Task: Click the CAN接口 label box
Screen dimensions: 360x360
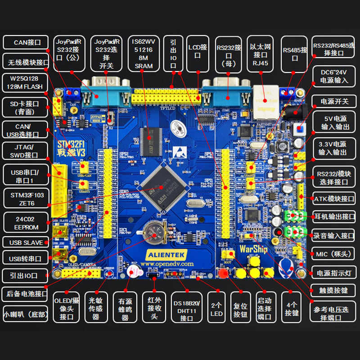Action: [27, 43]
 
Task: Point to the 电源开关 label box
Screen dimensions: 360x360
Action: [333, 102]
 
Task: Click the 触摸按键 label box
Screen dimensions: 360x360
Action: [333, 290]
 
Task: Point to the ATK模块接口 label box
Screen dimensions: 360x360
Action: [333, 198]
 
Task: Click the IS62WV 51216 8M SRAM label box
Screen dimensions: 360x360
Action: [143, 53]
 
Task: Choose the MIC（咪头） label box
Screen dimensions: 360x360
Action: [333, 254]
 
